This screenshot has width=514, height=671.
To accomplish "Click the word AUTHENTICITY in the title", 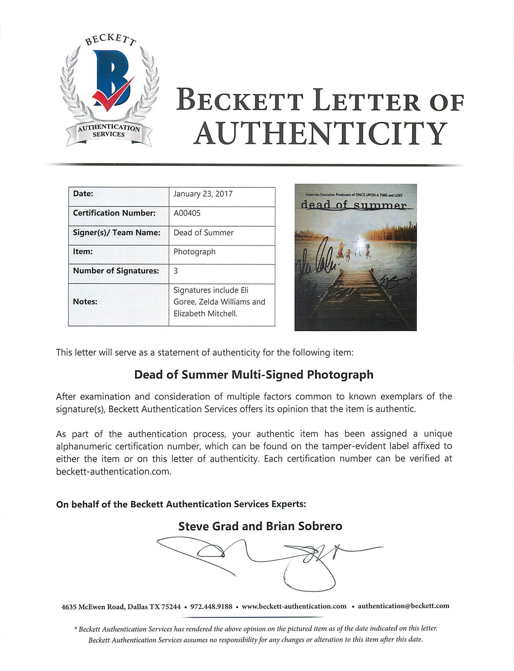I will pos(320,133).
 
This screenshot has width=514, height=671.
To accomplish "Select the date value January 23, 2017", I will pos(203,194).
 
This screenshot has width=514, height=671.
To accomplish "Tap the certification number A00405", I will pos(187,213).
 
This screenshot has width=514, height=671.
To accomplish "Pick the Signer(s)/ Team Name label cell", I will pos(117,233).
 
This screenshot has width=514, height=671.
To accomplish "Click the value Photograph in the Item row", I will pos(194,252).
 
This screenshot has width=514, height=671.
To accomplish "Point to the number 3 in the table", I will pos(176,271).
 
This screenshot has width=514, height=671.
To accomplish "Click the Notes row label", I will pos(85,301).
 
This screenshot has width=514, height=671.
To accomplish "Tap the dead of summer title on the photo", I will pos(354,205).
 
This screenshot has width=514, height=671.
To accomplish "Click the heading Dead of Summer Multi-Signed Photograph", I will pos(254,375).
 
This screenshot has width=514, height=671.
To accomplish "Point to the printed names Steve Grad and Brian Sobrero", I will pos(260,526).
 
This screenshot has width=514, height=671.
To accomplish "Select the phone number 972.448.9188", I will pos(211,606).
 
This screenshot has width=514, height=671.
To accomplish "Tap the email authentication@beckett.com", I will pos(403,606).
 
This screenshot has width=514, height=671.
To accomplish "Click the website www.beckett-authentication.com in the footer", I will pos(294,606).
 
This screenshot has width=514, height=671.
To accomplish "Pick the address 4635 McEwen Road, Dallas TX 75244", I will pos(121,607).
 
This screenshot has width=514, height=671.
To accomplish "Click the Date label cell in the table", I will pos(83,194).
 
